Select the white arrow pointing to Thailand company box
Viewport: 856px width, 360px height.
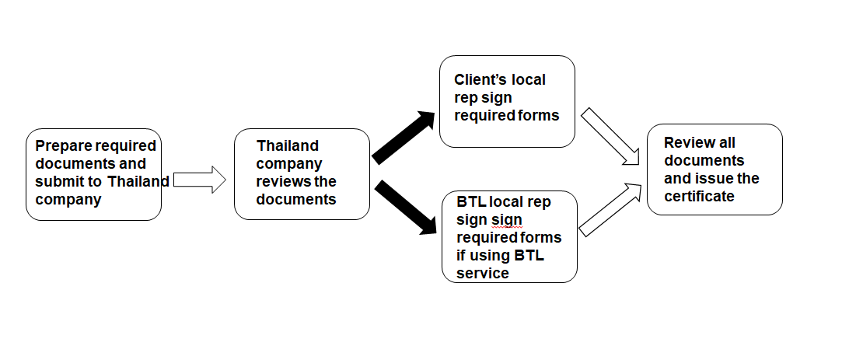(200, 180)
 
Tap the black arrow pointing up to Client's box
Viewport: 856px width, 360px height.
(403, 137)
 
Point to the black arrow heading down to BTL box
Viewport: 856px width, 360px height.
(405, 208)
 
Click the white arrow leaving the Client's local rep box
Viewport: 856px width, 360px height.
(610, 136)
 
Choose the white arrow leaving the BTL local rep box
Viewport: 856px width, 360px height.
(610, 210)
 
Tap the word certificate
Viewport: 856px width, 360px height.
(699, 196)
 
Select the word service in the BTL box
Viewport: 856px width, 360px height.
(483, 273)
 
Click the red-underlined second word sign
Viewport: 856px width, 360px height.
(507, 220)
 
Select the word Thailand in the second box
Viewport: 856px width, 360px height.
(287, 146)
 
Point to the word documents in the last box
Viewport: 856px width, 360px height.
(704, 161)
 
